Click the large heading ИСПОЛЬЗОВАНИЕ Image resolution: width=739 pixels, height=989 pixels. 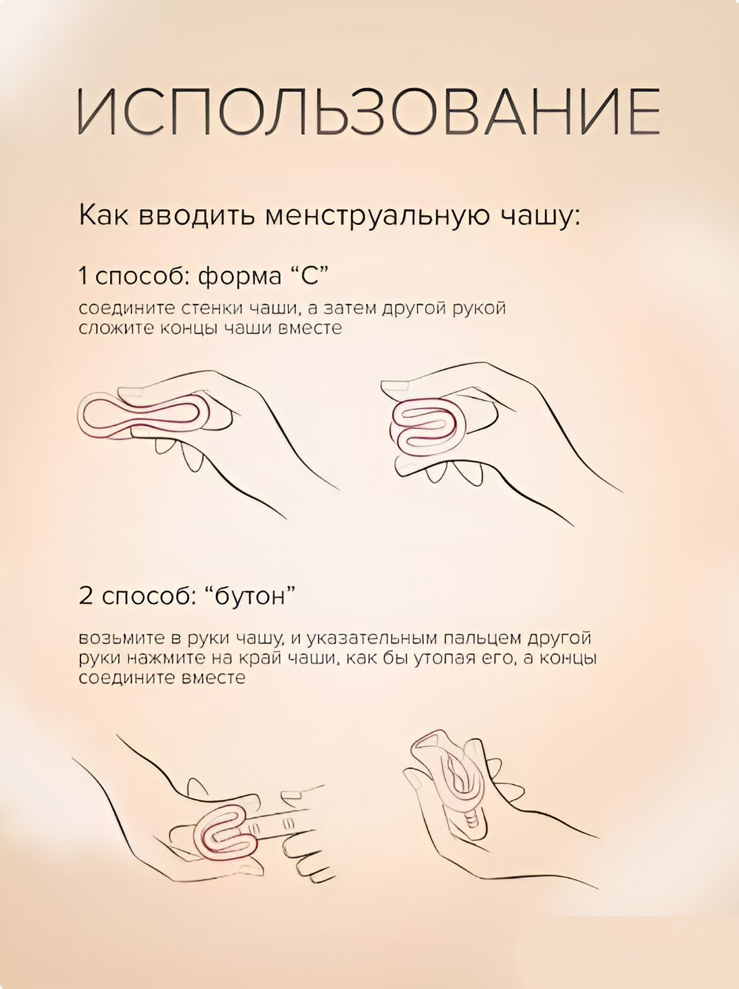(369, 111)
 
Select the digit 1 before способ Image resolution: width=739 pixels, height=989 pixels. (83, 276)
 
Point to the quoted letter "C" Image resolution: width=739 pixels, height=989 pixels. (309, 276)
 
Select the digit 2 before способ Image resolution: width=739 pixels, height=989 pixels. (85, 596)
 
